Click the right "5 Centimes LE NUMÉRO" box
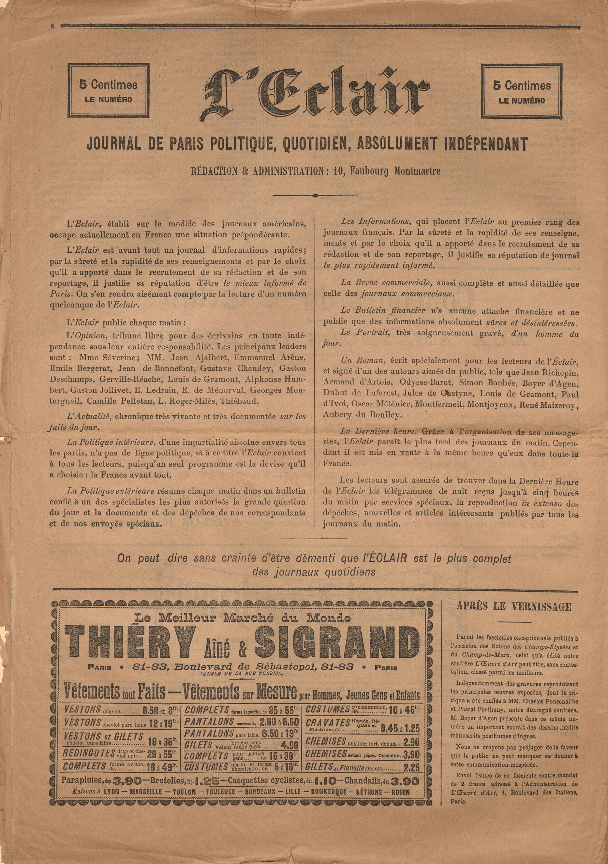click(x=522, y=91)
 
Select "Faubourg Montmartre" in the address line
click(x=395, y=171)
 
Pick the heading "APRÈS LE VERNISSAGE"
click(x=513, y=607)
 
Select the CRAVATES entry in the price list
click(x=328, y=723)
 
